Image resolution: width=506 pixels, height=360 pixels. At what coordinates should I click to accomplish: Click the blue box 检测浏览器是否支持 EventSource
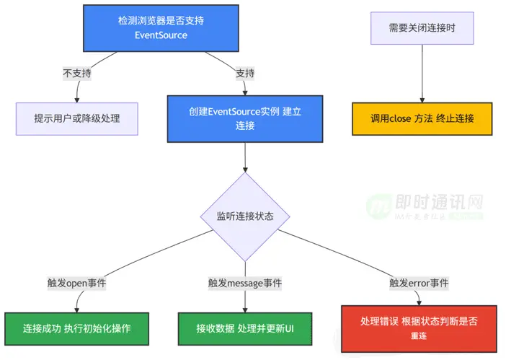click(x=161, y=28)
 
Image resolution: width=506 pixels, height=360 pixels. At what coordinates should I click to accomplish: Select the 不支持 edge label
click(x=77, y=73)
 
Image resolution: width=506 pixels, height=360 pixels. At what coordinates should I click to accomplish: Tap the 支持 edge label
click(x=246, y=73)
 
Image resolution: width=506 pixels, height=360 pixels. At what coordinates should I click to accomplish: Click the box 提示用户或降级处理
click(x=77, y=118)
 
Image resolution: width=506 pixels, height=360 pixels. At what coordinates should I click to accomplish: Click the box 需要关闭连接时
click(x=422, y=28)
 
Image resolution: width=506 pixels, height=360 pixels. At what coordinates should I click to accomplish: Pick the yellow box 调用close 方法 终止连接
click(x=422, y=118)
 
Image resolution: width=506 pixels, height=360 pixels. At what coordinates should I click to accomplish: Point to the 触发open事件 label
click(x=76, y=283)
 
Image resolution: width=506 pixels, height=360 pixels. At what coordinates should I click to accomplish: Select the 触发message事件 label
click(x=245, y=283)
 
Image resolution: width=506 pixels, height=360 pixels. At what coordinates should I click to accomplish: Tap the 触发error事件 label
click(x=419, y=283)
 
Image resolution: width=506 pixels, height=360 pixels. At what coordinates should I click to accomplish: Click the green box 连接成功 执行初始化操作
click(x=76, y=328)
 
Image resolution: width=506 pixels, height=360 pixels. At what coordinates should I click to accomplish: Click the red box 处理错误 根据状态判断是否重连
click(x=419, y=328)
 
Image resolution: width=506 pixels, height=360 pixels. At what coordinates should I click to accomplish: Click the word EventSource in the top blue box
click(x=161, y=35)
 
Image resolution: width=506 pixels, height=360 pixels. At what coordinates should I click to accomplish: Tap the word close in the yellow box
click(x=400, y=118)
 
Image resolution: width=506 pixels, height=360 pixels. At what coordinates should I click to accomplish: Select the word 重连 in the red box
click(x=419, y=336)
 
